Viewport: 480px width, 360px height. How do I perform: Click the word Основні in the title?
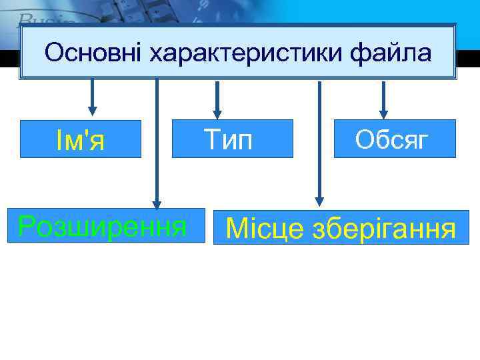tap(93, 53)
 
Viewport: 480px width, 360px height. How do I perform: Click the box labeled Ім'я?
tap(81, 139)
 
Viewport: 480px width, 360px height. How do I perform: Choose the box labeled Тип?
tap(232, 138)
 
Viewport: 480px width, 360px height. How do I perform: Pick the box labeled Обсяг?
tap(395, 138)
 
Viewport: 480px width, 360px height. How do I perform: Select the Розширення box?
tap(103, 226)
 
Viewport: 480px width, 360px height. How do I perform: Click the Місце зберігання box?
tap(341, 227)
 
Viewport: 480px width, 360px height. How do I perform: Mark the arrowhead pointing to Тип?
tap(216, 111)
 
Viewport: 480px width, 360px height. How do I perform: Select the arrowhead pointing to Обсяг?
tap(383, 111)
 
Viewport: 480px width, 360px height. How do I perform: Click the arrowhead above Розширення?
tap(157, 204)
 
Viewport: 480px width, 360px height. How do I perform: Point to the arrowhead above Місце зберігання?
tap(319, 199)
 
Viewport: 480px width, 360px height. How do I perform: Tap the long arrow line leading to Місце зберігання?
tap(319, 140)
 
